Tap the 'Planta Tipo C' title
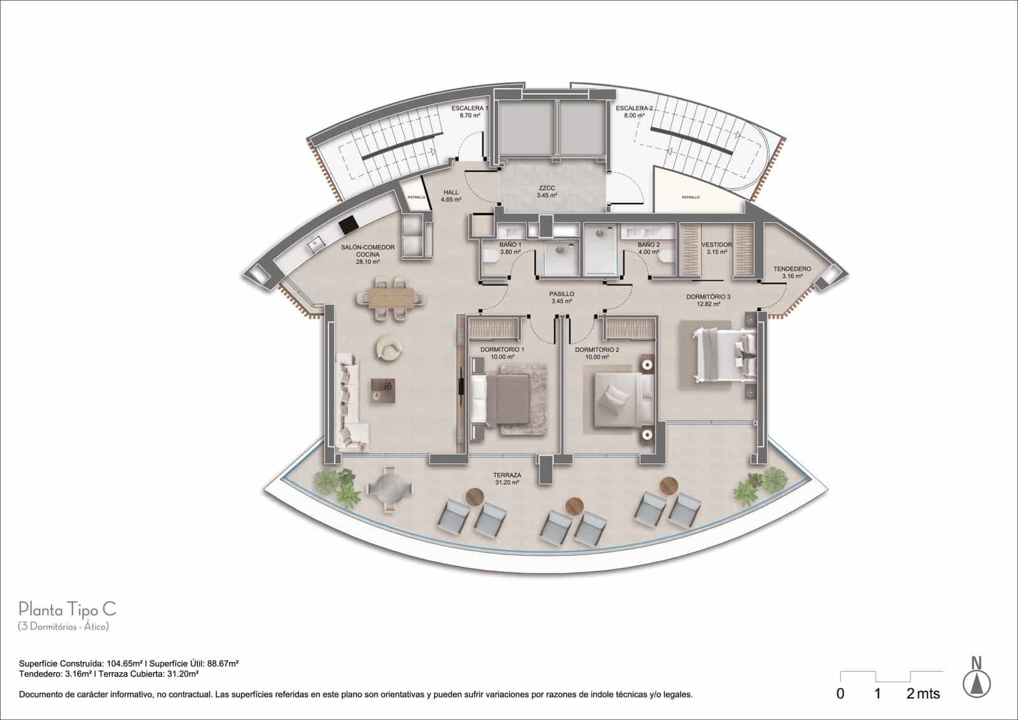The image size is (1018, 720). [x=67, y=609]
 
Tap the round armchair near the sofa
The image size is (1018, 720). [x=389, y=348]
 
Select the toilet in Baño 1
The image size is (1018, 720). [x=491, y=258]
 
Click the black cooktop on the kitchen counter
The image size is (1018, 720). [x=348, y=225]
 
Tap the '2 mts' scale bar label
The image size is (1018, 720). [x=923, y=693]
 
